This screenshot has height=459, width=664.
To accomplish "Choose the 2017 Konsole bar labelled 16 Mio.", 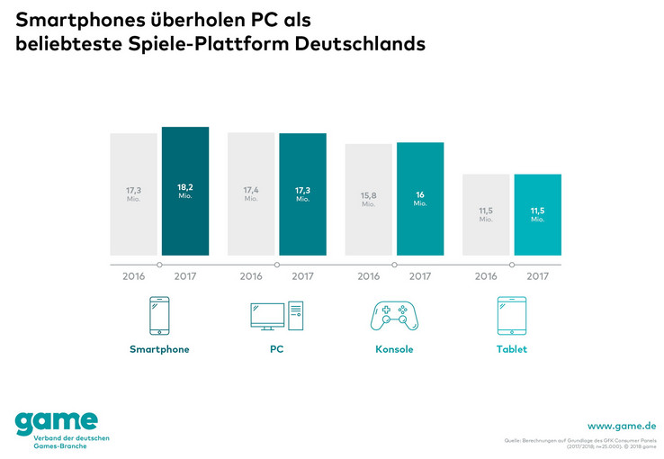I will pos(420,199).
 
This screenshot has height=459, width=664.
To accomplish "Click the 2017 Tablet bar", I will pos(537,215).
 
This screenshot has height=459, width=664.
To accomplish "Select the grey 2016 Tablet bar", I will pos(486,215).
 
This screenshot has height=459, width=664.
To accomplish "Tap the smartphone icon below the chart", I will pos(159,316).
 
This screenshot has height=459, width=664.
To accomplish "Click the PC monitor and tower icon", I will pos(277,316).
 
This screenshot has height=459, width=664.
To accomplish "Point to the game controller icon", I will pos(394,316).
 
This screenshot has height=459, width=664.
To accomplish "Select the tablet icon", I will pos(511,316).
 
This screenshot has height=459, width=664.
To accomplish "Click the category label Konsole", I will pos(394,349).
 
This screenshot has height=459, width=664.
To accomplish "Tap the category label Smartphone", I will pos(159,349).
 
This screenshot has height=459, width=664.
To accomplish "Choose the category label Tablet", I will pos(511,349).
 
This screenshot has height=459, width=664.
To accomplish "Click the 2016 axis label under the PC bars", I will pos(251,276).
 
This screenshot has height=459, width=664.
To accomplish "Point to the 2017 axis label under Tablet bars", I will pos(537,276).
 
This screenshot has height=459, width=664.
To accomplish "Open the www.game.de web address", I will pos(621,425).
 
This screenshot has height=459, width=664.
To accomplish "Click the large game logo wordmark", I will pos(56,420).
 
